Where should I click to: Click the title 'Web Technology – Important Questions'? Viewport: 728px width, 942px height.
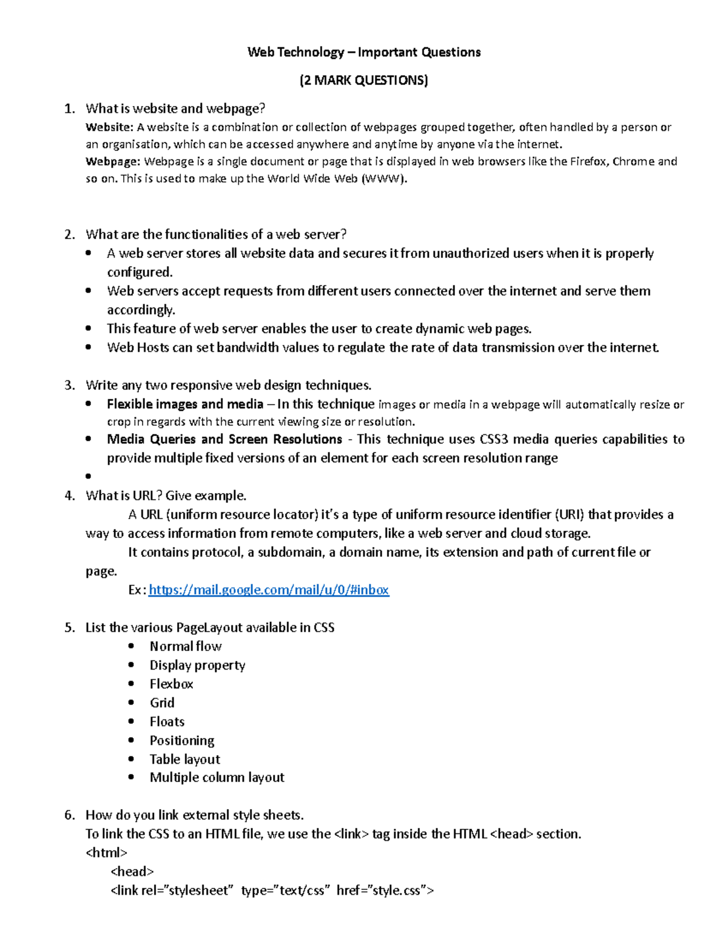pyautogui.click(x=364, y=52)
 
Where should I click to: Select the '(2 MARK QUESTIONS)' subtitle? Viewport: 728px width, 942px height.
pyautogui.click(x=364, y=80)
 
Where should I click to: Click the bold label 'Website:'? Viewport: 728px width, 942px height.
pyautogui.click(x=109, y=127)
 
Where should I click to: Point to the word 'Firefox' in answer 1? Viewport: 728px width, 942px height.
pyautogui.click(x=588, y=161)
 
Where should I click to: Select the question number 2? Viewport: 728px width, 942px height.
pyautogui.click(x=69, y=234)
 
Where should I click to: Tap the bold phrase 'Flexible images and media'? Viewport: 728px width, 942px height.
pyautogui.click(x=185, y=404)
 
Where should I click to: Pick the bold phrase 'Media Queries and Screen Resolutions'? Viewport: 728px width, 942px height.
pyautogui.click(x=224, y=439)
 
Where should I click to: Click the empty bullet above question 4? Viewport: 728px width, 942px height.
pyautogui.click(x=89, y=476)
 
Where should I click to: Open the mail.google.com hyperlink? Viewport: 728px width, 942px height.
pyautogui.click(x=269, y=590)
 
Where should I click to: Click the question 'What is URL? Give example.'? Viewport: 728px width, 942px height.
pyautogui.click(x=166, y=496)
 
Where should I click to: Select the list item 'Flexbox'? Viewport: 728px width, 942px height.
pyautogui.click(x=171, y=684)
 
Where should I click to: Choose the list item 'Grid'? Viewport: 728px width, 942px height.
pyautogui.click(x=162, y=702)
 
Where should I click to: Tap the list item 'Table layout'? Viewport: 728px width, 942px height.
pyautogui.click(x=184, y=759)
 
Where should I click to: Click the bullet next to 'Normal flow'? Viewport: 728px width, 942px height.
pyautogui.click(x=131, y=646)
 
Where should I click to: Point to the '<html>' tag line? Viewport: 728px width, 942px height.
pyautogui.click(x=107, y=852)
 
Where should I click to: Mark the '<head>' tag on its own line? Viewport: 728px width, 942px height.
pyautogui.click(x=132, y=871)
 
